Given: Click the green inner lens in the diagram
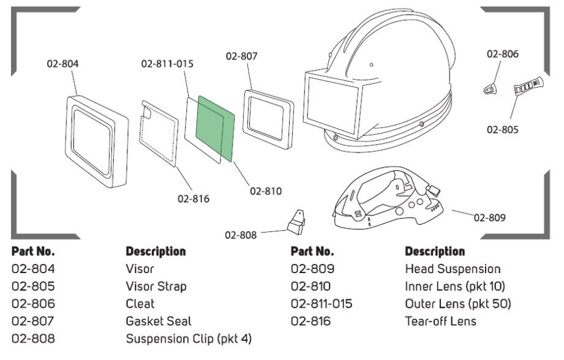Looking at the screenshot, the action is click(215, 129).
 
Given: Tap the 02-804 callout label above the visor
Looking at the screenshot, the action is click(62, 64).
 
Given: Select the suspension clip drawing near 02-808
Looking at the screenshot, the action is click(296, 222).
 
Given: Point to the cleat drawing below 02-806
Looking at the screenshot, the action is click(490, 88).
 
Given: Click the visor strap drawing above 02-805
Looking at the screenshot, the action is click(528, 86).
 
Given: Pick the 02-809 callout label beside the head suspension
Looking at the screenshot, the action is click(489, 217).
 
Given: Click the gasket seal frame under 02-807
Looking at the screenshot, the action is click(268, 119).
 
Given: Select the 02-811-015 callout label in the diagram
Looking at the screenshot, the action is click(167, 64).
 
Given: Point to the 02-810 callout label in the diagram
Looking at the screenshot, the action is click(266, 191).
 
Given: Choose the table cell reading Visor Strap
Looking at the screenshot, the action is click(156, 287).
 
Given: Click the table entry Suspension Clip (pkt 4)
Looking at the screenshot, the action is click(189, 339).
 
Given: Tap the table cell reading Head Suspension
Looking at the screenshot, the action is click(453, 269).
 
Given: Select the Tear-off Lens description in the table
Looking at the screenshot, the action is click(441, 321).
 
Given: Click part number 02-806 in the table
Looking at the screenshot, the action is click(34, 304).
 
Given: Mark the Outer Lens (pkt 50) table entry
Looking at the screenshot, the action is click(458, 304).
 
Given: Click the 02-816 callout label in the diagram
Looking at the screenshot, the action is click(194, 199).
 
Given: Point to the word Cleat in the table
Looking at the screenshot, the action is click(140, 304).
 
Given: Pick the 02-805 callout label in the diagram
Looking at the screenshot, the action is click(503, 129).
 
